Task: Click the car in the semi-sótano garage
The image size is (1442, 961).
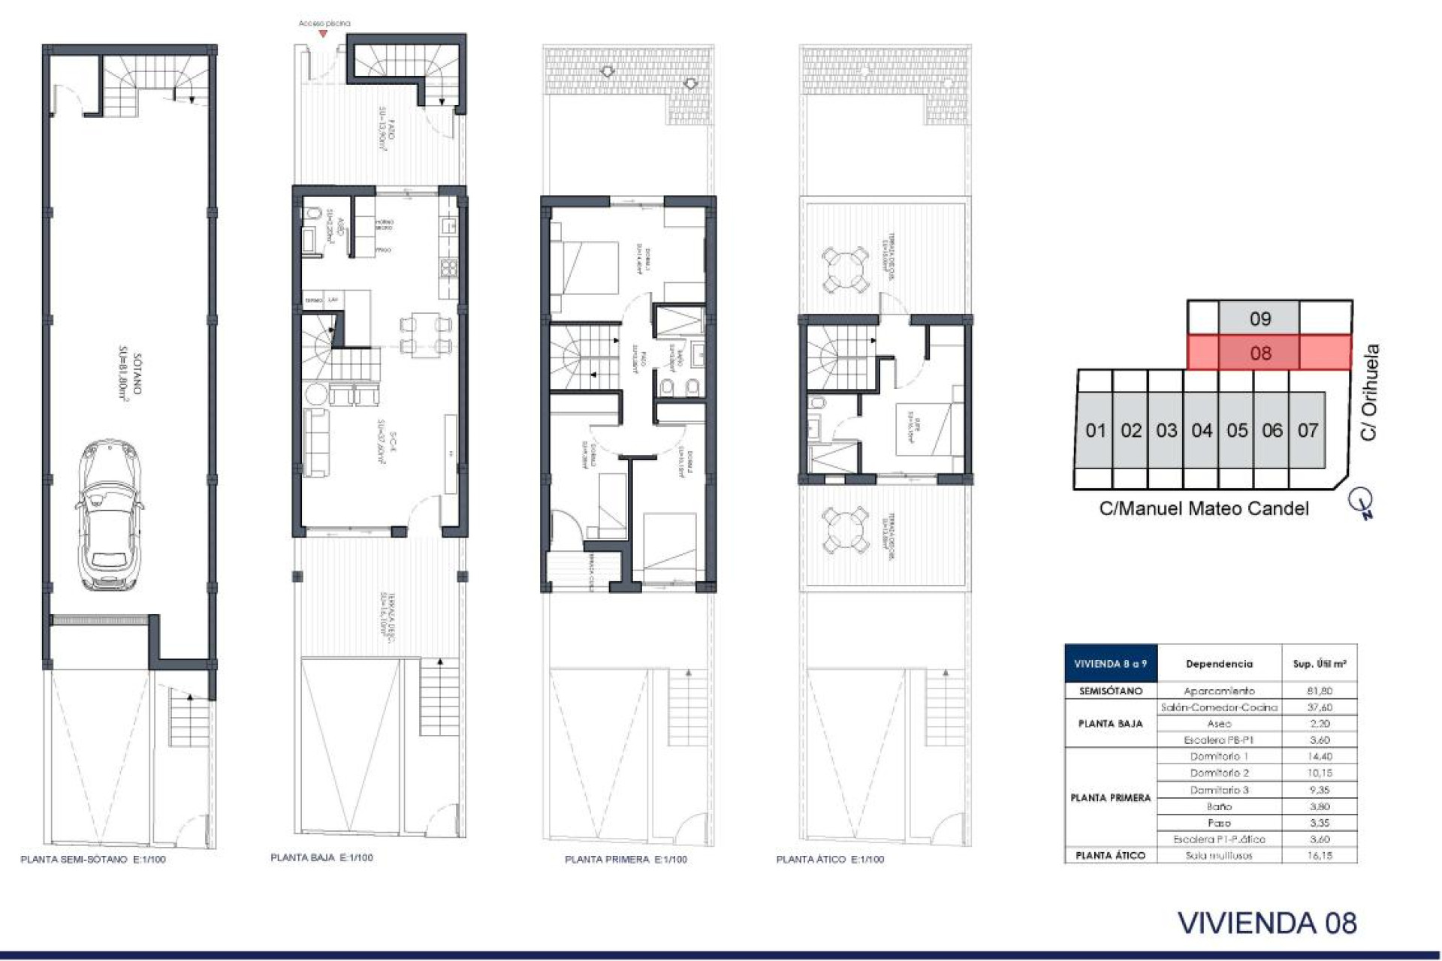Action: coord(110,516)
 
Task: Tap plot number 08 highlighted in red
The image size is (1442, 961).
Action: coord(1260,353)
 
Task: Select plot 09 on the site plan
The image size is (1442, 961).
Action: coord(1260,318)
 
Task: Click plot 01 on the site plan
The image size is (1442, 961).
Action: coord(1095,430)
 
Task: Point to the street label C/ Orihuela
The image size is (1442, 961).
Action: coord(1370,392)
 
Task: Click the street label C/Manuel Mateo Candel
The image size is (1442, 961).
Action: coord(1203,508)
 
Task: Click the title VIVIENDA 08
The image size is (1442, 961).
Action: coord(1267,923)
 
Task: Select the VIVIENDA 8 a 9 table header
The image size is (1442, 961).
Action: coord(1110,664)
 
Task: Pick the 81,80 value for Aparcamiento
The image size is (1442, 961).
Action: coord(1319,691)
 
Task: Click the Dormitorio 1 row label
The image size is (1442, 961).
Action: coord(1219,757)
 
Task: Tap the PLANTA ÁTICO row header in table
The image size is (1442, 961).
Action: coord(1110,855)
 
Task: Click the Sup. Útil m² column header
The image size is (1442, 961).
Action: coord(1319,664)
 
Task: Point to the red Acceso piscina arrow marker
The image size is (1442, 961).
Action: coord(323,34)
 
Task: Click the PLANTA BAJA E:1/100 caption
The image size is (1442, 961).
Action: coord(321,857)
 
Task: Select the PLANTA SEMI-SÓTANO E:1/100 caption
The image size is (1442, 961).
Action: coord(93,859)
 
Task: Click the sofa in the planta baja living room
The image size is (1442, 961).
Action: coord(315,443)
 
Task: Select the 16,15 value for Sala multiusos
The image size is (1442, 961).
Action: coord(1319,855)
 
